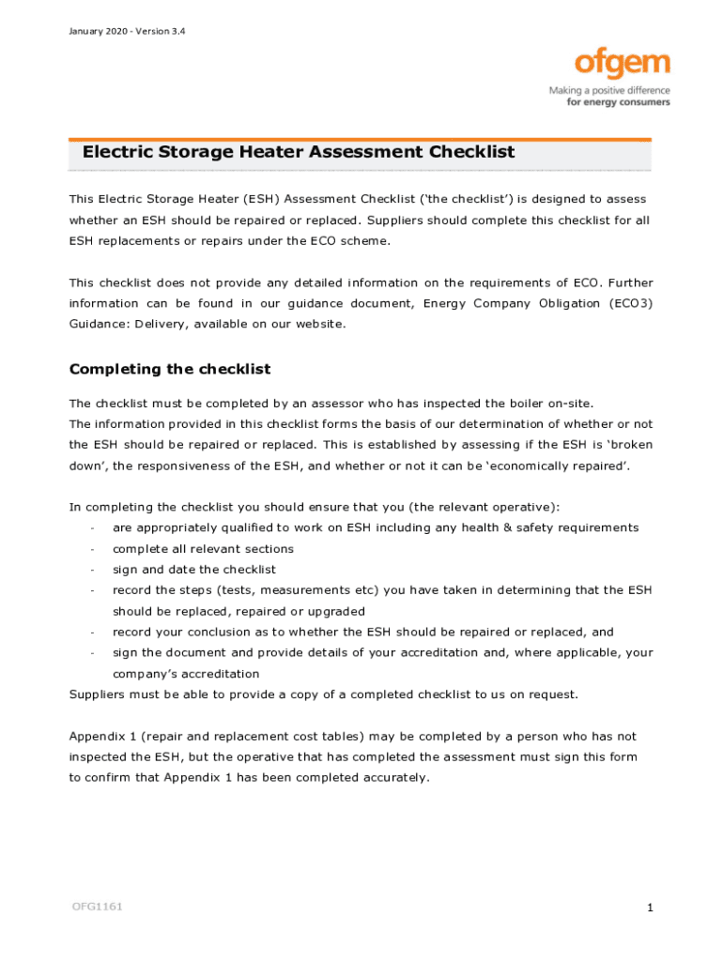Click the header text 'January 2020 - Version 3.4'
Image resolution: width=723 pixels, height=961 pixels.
pyautogui.click(x=127, y=32)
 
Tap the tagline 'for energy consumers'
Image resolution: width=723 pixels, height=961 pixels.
pyautogui.click(x=618, y=102)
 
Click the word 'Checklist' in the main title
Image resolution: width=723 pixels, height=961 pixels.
pyautogui.click(x=471, y=152)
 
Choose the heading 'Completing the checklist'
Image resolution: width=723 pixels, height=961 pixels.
pyautogui.click(x=170, y=369)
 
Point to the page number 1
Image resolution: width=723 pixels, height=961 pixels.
pyautogui.click(x=650, y=908)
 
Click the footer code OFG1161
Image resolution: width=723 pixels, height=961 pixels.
pyautogui.click(x=97, y=907)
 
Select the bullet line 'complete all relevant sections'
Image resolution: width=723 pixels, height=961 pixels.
pyautogui.click(x=203, y=549)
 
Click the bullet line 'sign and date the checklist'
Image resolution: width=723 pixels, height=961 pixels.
pyautogui.click(x=194, y=570)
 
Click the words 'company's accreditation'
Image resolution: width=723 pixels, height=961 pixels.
pyautogui.click(x=186, y=674)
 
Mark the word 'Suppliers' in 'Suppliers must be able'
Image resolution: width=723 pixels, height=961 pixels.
pyautogui.click(x=100, y=694)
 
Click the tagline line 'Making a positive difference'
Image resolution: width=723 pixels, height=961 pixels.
pyautogui.click(x=609, y=91)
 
